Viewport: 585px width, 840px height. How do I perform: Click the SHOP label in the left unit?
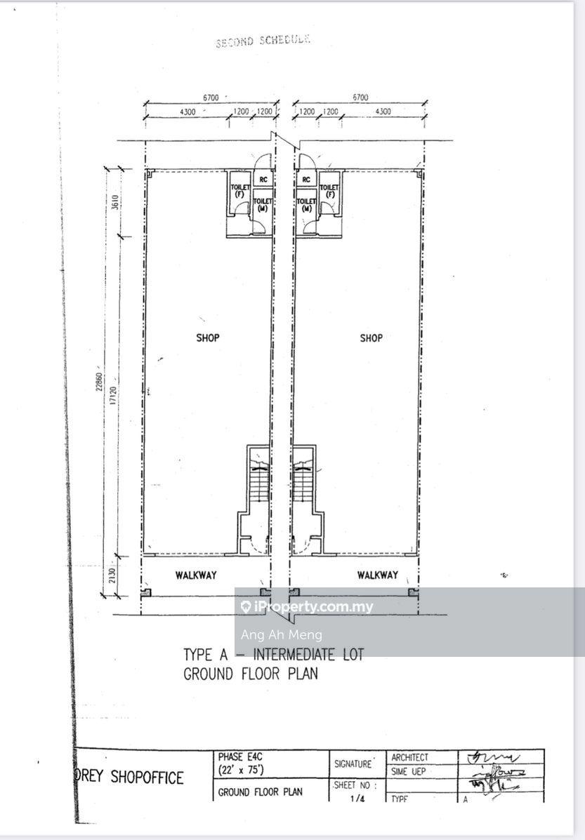pyautogui.click(x=208, y=338)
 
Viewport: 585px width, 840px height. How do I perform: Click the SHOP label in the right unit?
pyautogui.click(x=371, y=338)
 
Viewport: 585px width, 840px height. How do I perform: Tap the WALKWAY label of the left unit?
pyautogui.click(x=196, y=575)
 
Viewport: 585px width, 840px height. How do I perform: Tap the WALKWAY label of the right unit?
pyautogui.click(x=377, y=575)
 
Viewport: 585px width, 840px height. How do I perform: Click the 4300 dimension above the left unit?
pyautogui.click(x=188, y=112)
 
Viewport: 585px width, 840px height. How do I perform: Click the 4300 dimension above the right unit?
pyautogui.click(x=383, y=112)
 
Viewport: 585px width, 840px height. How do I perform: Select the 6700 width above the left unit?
pyautogui.click(x=211, y=98)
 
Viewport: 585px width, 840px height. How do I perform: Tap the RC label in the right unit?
pyautogui.click(x=306, y=180)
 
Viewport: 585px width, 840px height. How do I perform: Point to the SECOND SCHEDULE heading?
pyautogui.click(x=263, y=41)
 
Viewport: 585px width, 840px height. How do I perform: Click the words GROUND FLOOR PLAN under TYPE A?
pyautogui.click(x=251, y=674)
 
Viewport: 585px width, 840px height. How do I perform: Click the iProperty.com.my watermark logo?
pyautogui.click(x=307, y=607)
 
